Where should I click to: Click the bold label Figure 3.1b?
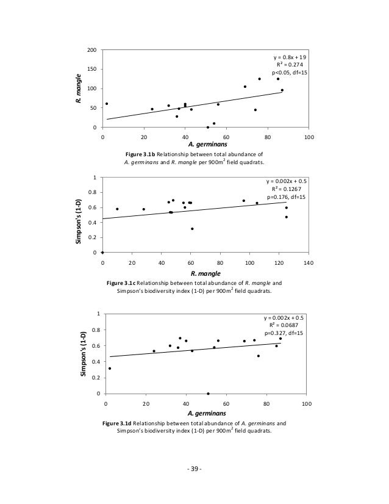142,155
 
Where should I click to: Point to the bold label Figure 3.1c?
124,284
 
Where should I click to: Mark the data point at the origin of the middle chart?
102,252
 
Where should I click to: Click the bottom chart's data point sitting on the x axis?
208,394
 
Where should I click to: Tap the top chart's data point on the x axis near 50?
207,127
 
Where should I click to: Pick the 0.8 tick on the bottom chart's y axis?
96,330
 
